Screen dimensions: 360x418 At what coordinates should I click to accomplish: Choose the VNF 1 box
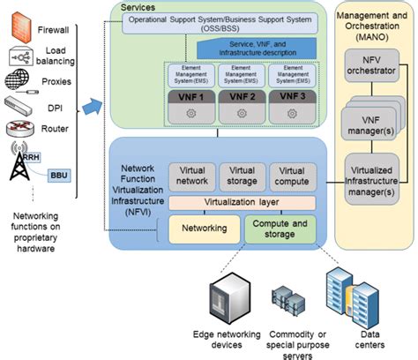(x=191, y=96)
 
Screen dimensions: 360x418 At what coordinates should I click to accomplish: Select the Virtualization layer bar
(x=242, y=203)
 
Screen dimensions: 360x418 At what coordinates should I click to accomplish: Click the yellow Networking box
(x=205, y=229)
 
